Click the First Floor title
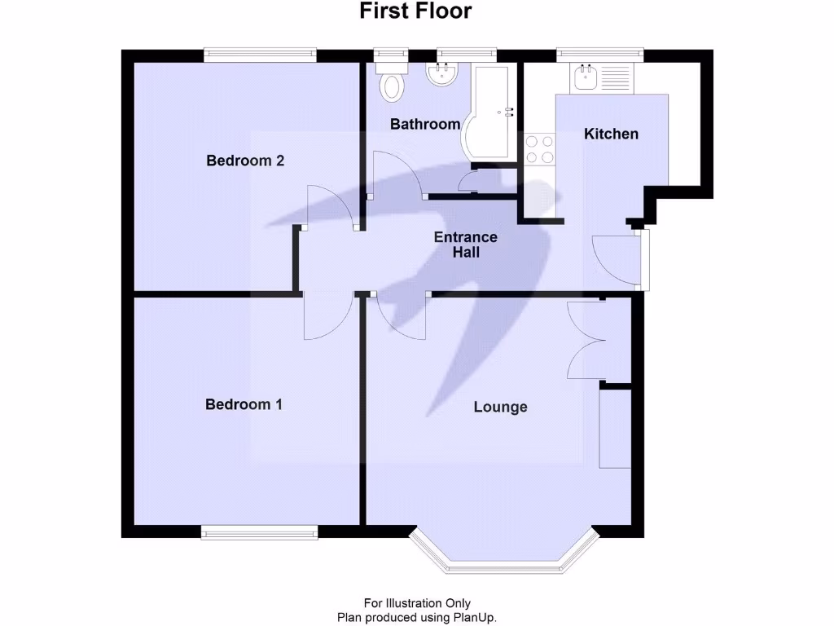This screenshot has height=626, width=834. click(x=416, y=11)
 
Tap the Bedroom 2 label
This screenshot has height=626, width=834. click(x=245, y=161)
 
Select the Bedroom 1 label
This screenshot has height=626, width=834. click(x=244, y=404)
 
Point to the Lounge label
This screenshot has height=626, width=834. click(x=500, y=407)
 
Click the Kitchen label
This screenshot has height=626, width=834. click(x=611, y=134)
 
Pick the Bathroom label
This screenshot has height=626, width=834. click(x=425, y=125)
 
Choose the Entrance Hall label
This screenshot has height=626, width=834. click(x=465, y=245)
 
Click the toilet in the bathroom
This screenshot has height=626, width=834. click(x=393, y=82)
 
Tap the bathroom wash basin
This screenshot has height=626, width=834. click(x=442, y=76)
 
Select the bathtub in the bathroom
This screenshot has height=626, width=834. click(x=489, y=114)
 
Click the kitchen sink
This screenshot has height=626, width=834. click(x=586, y=79)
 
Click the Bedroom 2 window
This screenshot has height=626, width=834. click(x=260, y=55)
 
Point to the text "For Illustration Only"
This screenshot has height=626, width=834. click(x=417, y=604)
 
